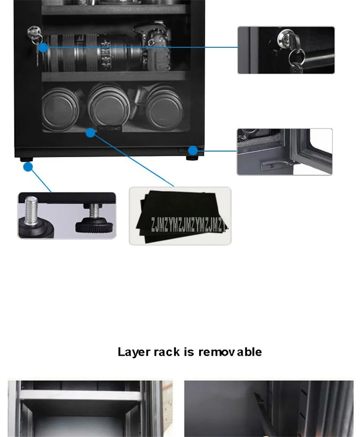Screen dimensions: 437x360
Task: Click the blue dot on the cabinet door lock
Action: (x=43, y=47)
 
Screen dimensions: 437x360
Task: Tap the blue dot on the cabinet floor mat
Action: (x=90, y=133)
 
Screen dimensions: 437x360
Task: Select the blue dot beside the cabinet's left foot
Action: (x=28, y=167)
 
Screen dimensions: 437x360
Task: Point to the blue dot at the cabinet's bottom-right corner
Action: (x=193, y=150)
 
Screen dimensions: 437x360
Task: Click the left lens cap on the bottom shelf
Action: (x=61, y=108)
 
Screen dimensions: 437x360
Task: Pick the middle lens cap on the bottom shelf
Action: (x=108, y=106)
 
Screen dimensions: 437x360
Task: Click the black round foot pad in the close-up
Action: (x=94, y=224)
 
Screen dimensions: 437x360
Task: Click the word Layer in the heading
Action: (x=133, y=352)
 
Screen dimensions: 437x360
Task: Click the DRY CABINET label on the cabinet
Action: (x=110, y=128)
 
